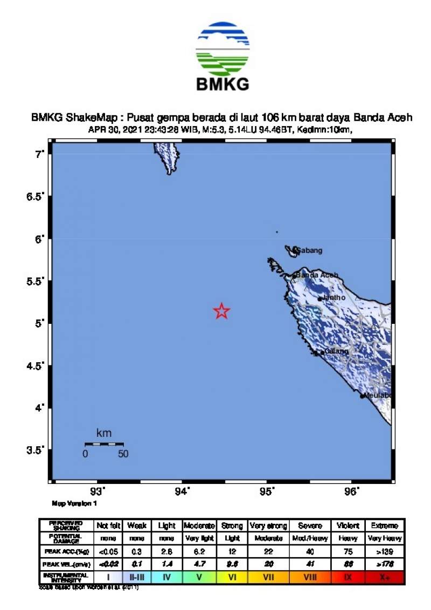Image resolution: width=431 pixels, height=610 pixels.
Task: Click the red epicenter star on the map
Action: (221, 311)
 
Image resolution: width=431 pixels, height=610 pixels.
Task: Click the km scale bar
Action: (104, 444)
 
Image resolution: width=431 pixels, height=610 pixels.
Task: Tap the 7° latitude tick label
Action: (39, 155)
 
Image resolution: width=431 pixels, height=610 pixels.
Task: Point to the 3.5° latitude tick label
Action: (36, 450)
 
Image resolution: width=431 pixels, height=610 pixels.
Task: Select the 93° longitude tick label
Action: (98, 491)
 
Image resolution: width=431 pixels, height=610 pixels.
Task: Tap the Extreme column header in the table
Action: (385, 525)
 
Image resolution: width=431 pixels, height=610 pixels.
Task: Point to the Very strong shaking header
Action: (268, 525)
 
